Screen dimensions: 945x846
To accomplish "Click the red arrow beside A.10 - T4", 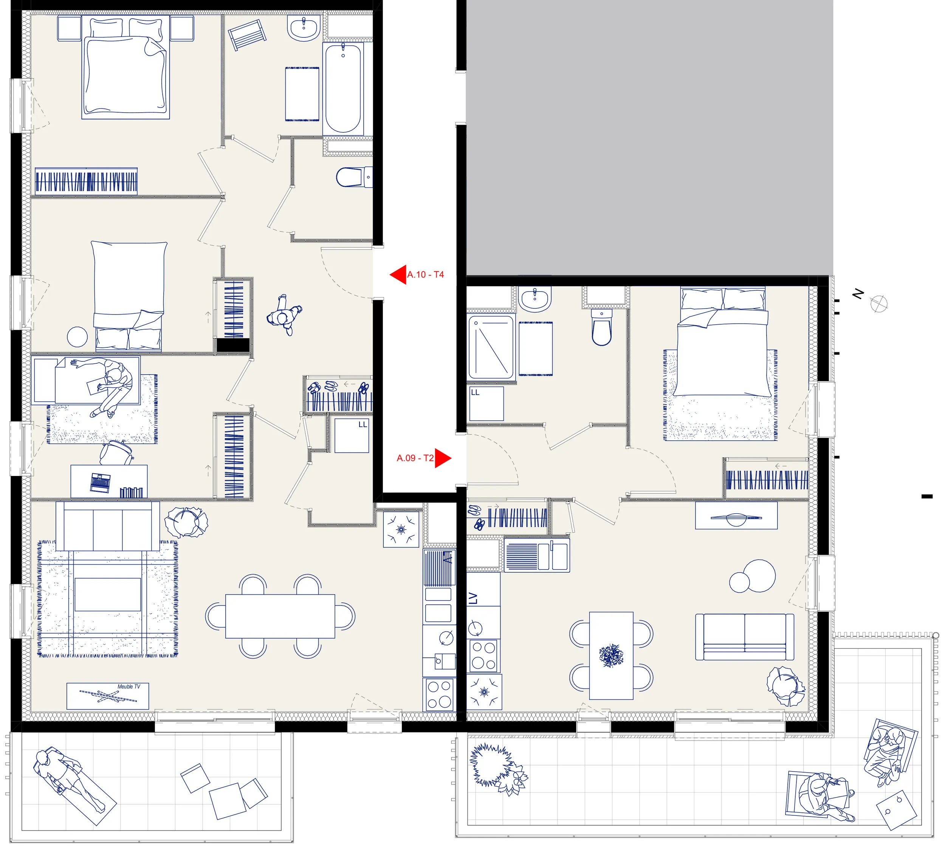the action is [398, 275].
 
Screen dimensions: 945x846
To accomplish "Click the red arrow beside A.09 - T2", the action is [443, 458].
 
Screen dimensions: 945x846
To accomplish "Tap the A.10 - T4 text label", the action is [425, 275].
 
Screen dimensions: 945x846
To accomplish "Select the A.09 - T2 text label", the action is [415, 458].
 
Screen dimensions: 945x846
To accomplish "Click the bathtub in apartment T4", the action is [343, 88].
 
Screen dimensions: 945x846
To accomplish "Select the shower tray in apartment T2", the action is [491, 347].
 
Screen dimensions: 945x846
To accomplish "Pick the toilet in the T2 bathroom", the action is [601, 327].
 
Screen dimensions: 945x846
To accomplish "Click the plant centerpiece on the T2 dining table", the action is [611, 655].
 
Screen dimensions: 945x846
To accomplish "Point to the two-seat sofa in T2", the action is [745, 637].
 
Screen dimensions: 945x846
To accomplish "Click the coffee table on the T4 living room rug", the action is [107, 595].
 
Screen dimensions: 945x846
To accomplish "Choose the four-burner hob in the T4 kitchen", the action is [439, 694].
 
